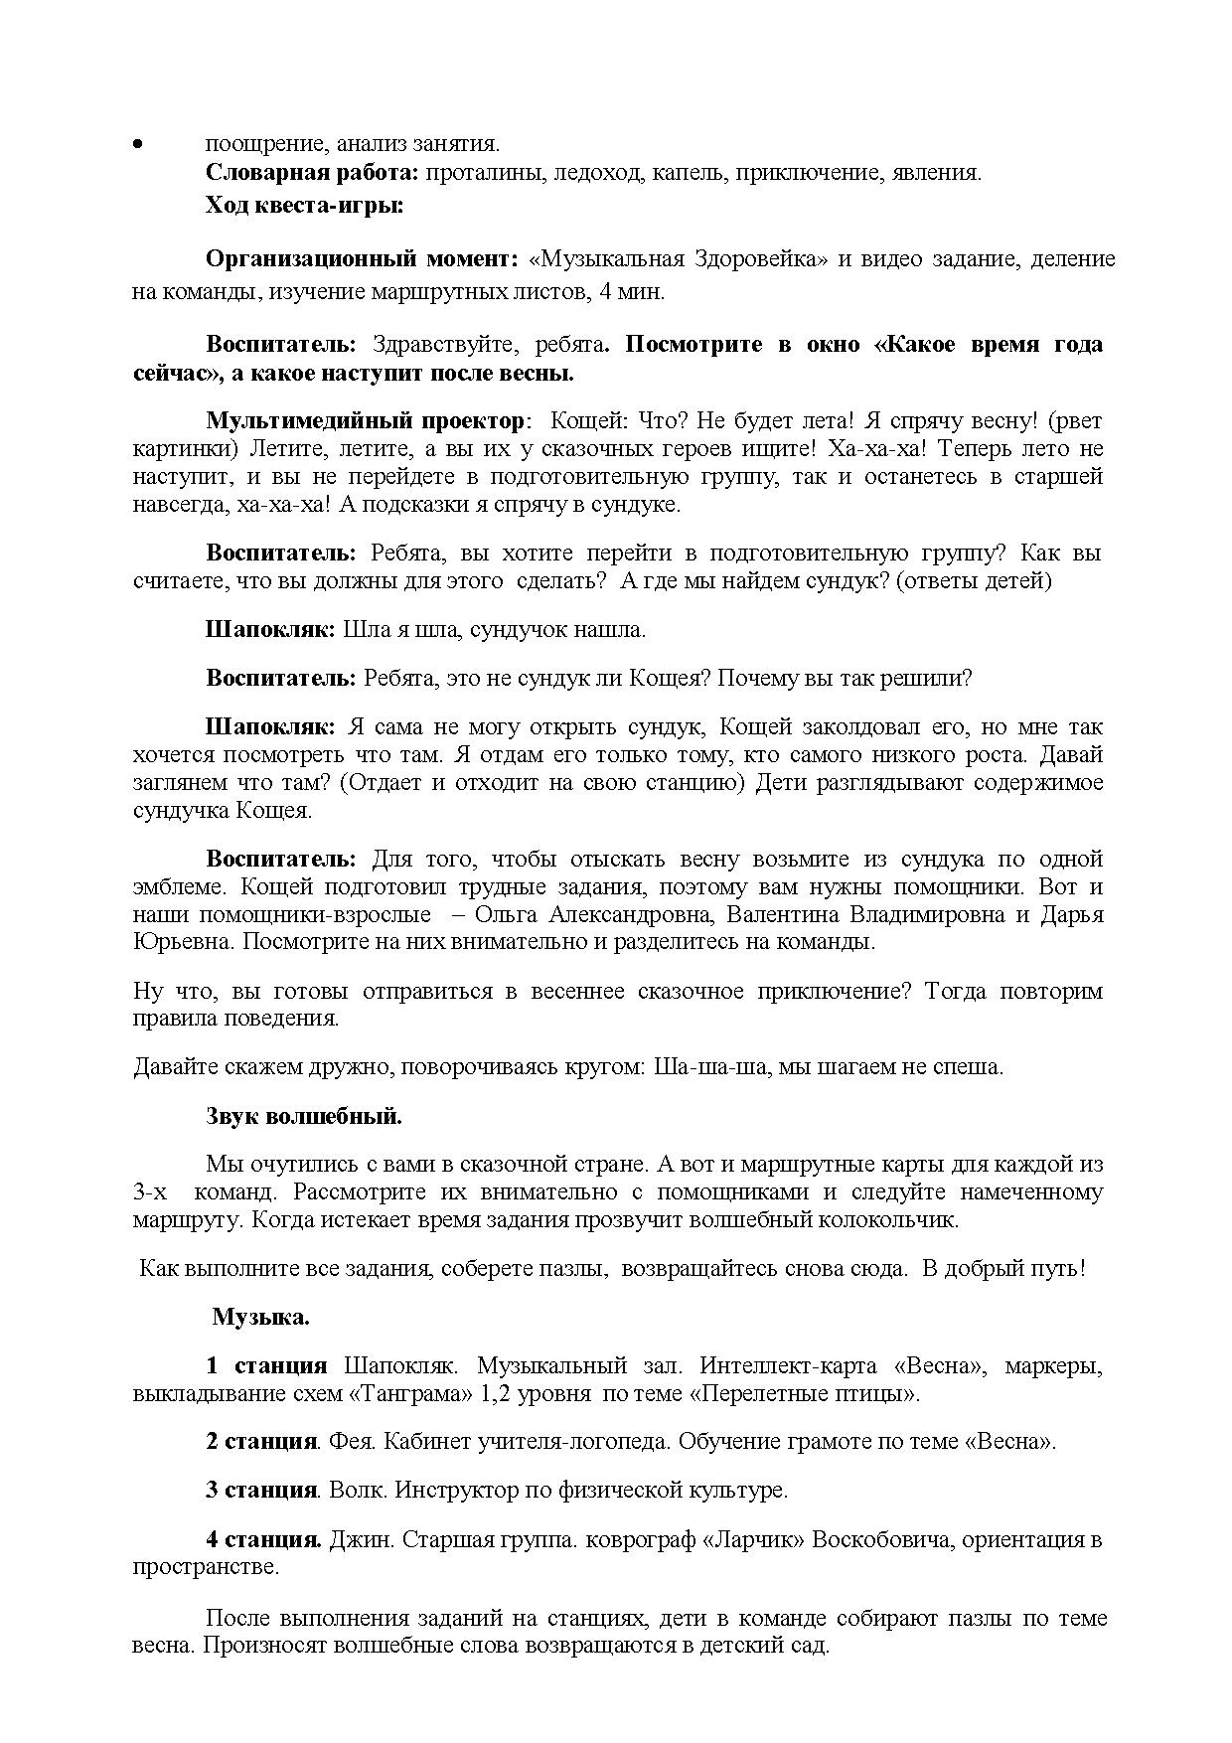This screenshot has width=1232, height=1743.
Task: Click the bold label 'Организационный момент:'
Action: tap(362, 259)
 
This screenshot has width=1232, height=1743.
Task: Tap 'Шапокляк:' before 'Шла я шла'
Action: tap(271, 630)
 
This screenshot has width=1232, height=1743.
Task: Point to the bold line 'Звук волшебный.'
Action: tap(304, 1116)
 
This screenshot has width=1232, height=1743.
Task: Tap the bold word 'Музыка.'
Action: tap(260, 1318)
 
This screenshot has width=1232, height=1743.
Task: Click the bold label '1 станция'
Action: tap(266, 1366)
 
